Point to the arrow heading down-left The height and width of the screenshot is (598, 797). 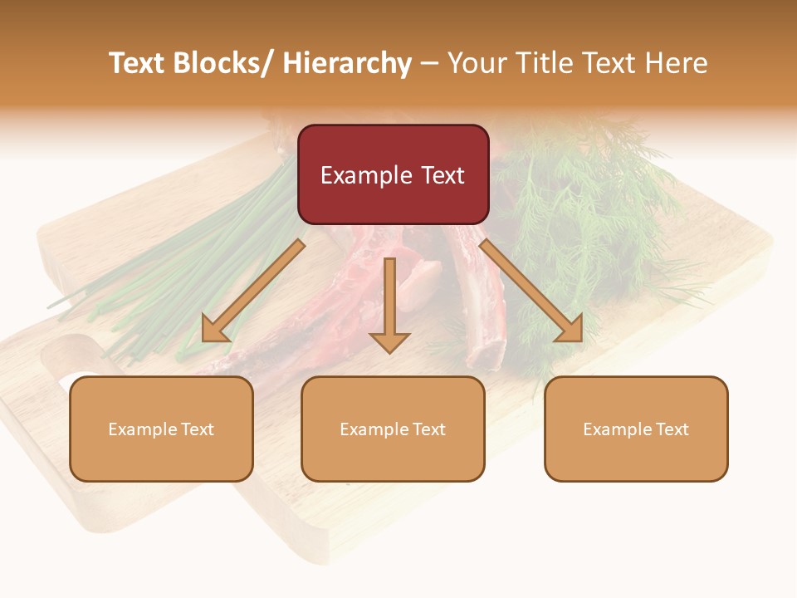253,291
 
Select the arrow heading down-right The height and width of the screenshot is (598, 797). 531,291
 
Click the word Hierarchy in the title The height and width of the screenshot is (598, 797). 347,63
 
